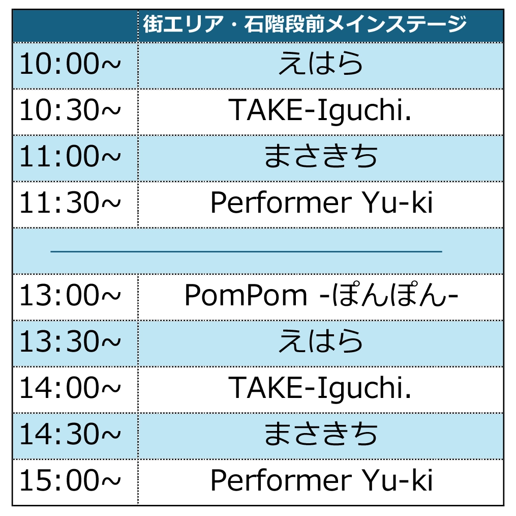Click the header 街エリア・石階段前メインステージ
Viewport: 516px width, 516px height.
(x=305, y=24)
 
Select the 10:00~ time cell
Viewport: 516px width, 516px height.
(x=70, y=64)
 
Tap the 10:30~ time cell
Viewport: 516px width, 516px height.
(x=70, y=110)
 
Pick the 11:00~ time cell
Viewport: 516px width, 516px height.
(x=70, y=156)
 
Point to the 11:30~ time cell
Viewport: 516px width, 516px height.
(x=70, y=203)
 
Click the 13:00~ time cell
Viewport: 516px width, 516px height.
(x=70, y=295)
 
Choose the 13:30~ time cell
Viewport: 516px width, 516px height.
(x=70, y=341)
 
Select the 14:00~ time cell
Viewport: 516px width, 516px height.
(x=70, y=387)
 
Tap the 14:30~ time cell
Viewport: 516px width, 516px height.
(x=70, y=434)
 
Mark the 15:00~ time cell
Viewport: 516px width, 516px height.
(x=70, y=480)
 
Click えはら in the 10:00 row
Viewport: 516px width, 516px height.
(x=320, y=64)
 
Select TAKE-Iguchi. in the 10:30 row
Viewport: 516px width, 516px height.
(x=320, y=111)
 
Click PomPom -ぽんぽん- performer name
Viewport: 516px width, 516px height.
(x=321, y=295)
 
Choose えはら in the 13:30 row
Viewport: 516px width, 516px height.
(x=320, y=341)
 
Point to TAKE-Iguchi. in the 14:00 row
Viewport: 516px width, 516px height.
(x=320, y=389)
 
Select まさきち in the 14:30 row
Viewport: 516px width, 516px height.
(x=320, y=434)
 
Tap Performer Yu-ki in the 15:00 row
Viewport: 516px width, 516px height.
(x=321, y=480)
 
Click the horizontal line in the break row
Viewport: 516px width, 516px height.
(x=246, y=251)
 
